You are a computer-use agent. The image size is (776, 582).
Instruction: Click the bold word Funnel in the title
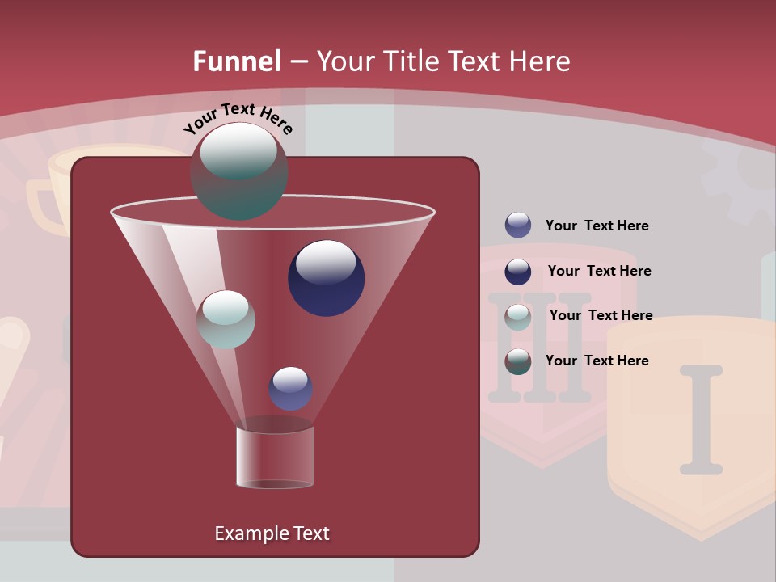pyautogui.click(x=236, y=61)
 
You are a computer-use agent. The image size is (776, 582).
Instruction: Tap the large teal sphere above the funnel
pyautogui.click(x=238, y=171)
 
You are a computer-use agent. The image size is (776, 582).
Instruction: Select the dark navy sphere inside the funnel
pyautogui.click(x=326, y=278)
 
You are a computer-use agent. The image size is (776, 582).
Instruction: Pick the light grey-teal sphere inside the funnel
pyautogui.click(x=226, y=319)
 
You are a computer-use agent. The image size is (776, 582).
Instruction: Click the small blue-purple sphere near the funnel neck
pyautogui.click(x=290, y=389)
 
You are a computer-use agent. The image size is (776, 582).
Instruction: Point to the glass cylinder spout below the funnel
pyautogui.click(x=275, y=458)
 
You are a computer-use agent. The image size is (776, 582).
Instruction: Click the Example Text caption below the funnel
pyautogui.click(x=272, y=533)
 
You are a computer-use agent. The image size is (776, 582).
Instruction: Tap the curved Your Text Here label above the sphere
pyautogui.click(x=238, y=118)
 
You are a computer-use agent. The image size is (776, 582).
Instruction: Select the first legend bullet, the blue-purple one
pyautogui.click(x=518, y=225)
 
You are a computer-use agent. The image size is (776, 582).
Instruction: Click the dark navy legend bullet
pyautogui.click(x=518, y=271)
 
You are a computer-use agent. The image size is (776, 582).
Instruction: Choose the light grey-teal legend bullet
pyautogui.click(x=518, y=316)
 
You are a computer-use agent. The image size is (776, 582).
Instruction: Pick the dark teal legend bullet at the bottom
pyautogui.click(x=518, y=361)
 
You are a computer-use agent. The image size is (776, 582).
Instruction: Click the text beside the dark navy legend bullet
pyautogui.click(x=599, y=271)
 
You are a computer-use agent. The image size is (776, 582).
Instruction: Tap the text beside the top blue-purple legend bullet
pyautogui.click(x=597, y=226)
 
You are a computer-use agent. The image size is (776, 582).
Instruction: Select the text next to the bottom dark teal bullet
pyautogui.click(x=597, y=361)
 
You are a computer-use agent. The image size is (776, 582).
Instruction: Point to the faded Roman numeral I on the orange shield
pyautogui.click(x=701, y=419)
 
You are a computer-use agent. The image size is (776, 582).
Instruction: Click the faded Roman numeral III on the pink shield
pyautogui.click(x=540, y=348)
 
